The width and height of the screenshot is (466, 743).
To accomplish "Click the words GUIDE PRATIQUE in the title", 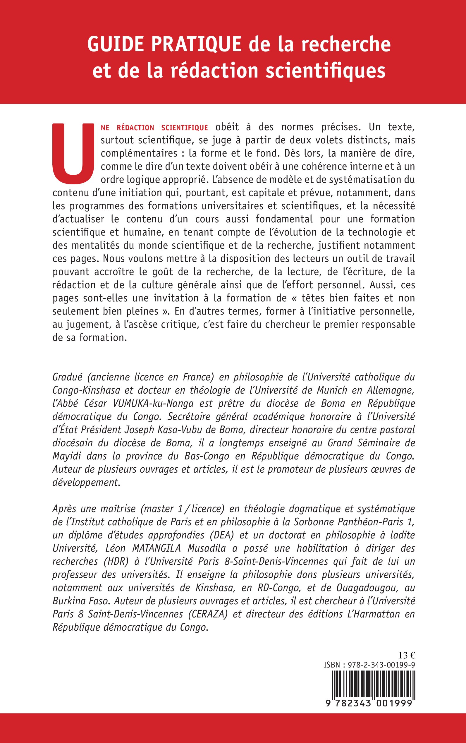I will pyautogui.click(x=164, y=44).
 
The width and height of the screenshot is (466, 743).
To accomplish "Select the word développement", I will pyautogui.click(x=85, y=482).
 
